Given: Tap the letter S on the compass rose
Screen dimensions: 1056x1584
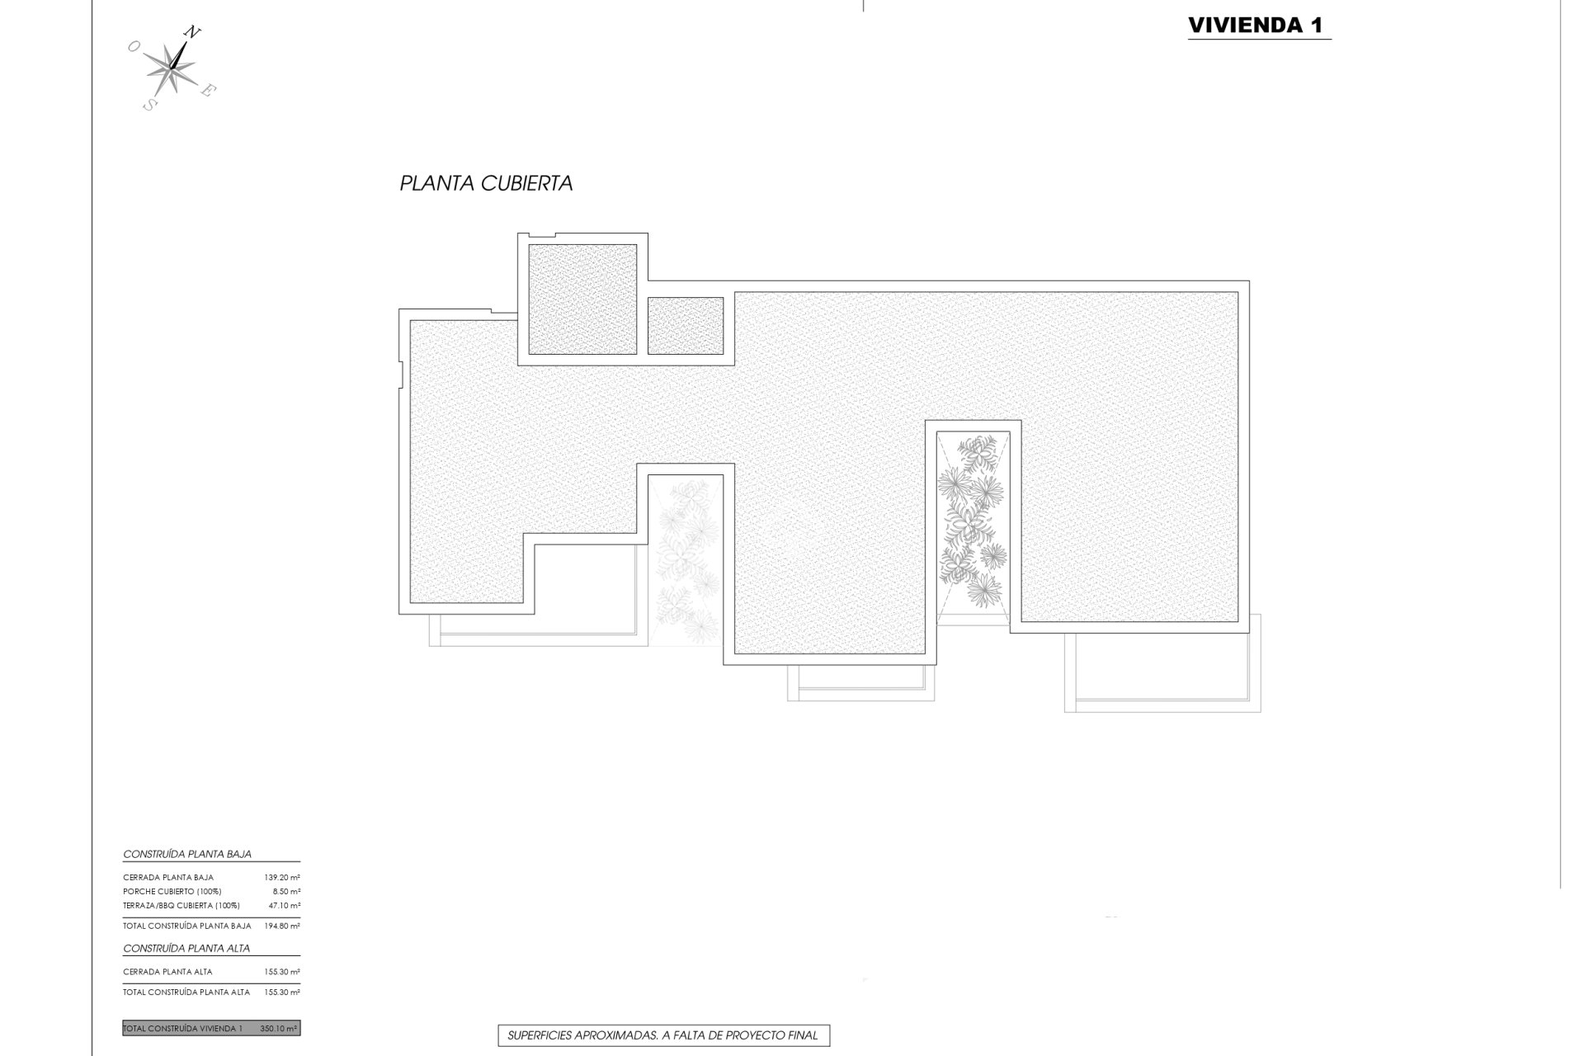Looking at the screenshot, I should [149, 105].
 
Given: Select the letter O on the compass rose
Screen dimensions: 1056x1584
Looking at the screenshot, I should [133, 48].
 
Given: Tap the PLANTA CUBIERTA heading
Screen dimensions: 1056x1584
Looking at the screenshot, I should [486, 183].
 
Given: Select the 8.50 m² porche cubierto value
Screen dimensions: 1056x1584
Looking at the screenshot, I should [285, 892].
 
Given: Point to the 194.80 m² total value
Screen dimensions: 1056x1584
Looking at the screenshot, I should [283, 926].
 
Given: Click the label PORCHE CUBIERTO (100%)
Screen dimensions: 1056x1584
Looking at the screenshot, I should [172, 892].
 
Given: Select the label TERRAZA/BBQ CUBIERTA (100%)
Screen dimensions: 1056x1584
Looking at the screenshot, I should [181, 906].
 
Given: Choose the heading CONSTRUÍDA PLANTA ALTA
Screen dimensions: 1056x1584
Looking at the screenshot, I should [186, 949].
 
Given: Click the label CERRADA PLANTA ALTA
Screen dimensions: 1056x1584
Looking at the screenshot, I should [167, 972].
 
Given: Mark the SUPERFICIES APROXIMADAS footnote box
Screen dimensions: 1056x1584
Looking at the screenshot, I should [663, 1035].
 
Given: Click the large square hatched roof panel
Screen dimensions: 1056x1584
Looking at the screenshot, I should [582, 299].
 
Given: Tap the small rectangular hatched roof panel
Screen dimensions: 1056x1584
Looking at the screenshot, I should [686, 326].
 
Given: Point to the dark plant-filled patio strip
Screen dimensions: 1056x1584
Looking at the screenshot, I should [973, 520].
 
